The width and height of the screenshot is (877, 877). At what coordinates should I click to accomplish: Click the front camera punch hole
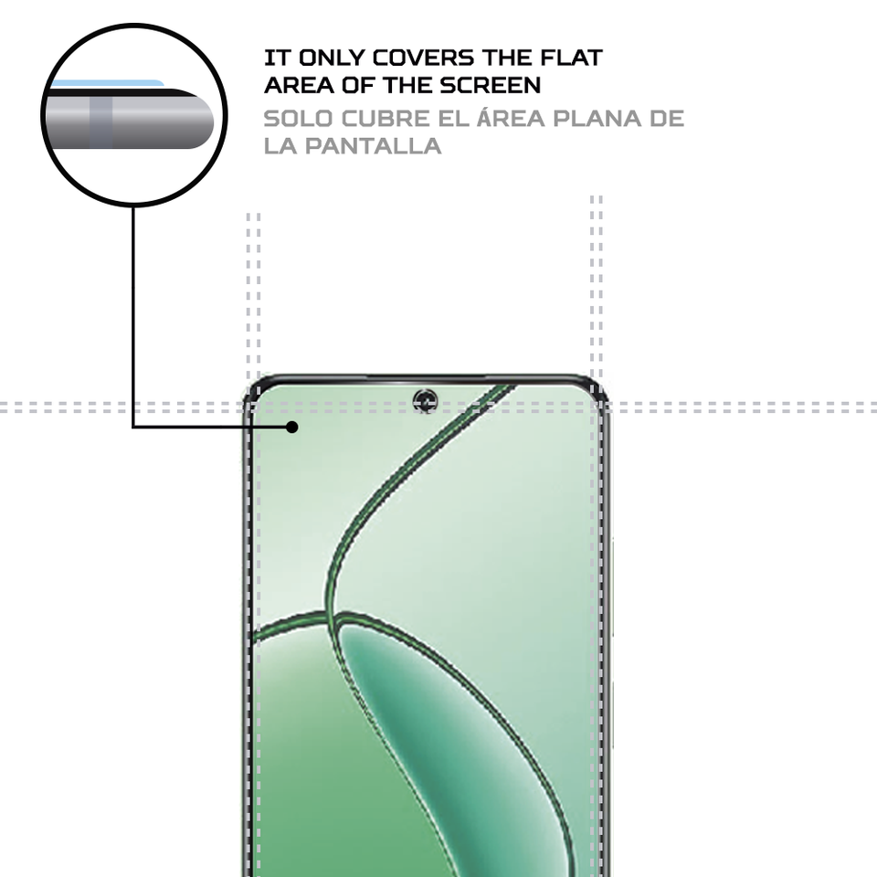click(425, 399)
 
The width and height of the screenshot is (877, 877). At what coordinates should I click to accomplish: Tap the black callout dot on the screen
click(292, 427)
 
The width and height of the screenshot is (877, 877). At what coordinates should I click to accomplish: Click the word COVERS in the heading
click(428, 58)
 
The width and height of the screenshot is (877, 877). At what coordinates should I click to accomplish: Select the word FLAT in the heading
click(569, 58)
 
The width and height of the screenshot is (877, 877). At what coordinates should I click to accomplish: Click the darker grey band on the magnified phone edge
click(101, 119)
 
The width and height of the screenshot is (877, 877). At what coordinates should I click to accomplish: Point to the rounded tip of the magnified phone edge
click(213, 119)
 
